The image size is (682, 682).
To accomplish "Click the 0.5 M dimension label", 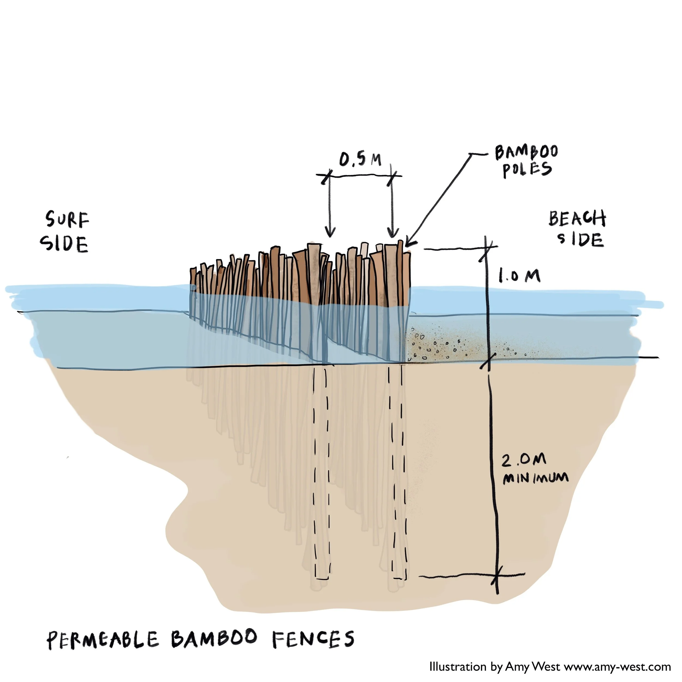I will pos(360,160).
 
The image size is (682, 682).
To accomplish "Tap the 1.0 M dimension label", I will pos(519,276).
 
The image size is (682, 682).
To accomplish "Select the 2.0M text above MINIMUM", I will pos(524,460).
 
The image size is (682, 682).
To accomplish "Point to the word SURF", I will pos(67,220).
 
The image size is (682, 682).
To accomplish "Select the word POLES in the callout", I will pos(527,169).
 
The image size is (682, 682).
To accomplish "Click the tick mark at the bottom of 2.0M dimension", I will pos(496,577).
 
